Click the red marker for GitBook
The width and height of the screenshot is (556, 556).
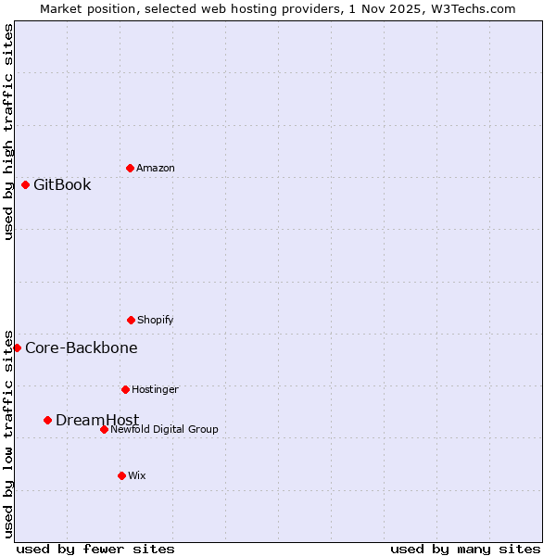(x=25, y=184)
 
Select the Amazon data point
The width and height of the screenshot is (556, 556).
(x=130, y=168)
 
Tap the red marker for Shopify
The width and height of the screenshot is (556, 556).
(x=131, y=320)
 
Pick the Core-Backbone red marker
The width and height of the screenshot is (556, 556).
(x=17, y=347)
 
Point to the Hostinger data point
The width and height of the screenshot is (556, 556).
(x=125, y=389)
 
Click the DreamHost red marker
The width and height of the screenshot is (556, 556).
(x=47, y=420)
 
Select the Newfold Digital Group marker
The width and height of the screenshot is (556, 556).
(x=104, y=429)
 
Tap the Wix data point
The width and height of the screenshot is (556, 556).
(x=121, y=475)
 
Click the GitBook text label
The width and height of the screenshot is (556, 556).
(x=62, y=184)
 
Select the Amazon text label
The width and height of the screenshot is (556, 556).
(x=156, y=168)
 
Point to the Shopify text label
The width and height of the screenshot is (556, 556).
(x=156, y=320)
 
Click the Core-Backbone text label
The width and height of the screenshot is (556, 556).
(x=82, y=347)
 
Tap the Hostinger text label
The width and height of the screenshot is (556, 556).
(x=155, y=389)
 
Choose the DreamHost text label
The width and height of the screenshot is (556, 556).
(x=97, y=420)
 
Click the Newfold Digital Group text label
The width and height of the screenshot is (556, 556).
(x=164, y=429)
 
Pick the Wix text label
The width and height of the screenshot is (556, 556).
(x=137, y=475)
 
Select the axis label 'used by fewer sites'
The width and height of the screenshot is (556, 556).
(x=95, y=549)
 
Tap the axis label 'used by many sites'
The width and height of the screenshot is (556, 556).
(x=465, y=549)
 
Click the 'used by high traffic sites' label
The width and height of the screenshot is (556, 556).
(x=8, y=132)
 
